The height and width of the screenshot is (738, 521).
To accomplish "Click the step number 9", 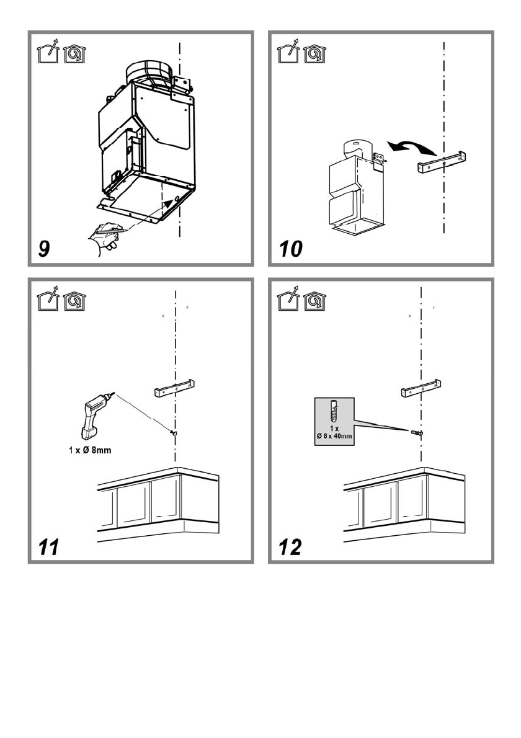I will coord(44,249).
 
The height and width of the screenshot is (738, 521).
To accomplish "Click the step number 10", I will coord(290,249).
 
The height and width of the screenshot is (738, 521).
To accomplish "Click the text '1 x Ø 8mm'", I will coord(90,450).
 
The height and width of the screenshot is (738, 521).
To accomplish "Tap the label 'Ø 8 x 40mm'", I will coord(333,437).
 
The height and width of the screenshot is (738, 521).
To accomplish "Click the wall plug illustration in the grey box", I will coord(334,411).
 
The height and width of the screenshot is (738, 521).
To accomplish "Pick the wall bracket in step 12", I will coord(422,389).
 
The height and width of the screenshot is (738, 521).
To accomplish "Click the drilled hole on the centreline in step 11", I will coord(174,432).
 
